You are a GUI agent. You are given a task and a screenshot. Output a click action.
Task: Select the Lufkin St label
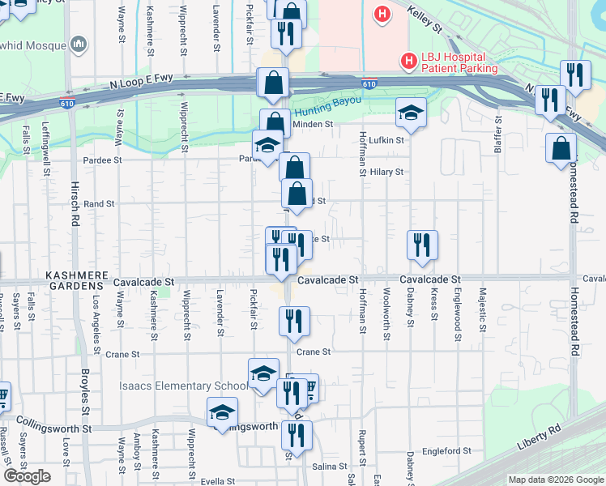(386, 140)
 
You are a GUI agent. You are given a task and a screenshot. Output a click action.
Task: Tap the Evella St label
(217, 481)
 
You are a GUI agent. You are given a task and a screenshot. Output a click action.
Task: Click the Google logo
(27, 476)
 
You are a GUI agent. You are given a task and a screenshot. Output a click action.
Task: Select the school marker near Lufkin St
(411, 113)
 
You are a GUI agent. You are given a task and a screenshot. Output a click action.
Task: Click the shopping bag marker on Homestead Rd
(561, 149)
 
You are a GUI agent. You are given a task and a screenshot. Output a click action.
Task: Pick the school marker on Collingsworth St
(222, 412)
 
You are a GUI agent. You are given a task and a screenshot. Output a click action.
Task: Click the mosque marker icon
(79, 43)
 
